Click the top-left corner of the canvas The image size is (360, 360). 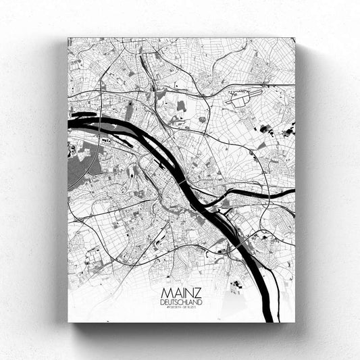click(x=68, y=38)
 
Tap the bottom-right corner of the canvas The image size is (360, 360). click(x=295, y=322)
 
